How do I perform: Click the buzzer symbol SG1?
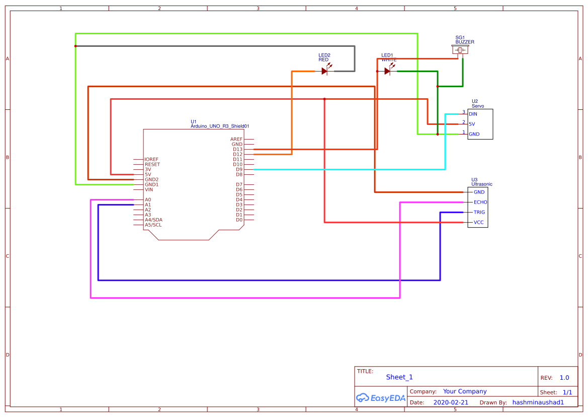click(460, 50)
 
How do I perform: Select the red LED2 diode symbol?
click(325, 71)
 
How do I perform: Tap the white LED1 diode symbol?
click(387, 71)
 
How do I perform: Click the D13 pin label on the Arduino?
click(237, 149)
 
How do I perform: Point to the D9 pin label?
click(239, 169)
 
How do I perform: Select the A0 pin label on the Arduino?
click(148, 199)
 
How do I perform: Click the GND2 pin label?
click(151, 179)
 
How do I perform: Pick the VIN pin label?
click(149, 189)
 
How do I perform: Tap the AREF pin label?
click(236, 139)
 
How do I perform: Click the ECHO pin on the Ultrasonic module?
click(480, 202)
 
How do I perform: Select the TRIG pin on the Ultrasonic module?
click(479, 212)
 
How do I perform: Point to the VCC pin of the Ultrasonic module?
click(479, 222)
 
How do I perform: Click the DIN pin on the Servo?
click(473, 114)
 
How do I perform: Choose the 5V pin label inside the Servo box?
click(472, 124)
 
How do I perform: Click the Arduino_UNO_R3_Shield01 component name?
click(220, 126)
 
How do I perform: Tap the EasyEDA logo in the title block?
click(380, 397)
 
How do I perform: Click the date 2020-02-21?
click(451, 402)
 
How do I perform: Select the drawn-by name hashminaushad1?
click(538, 402)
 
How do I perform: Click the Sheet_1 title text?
click(399, 377)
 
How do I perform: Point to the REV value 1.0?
click(564, 378)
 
